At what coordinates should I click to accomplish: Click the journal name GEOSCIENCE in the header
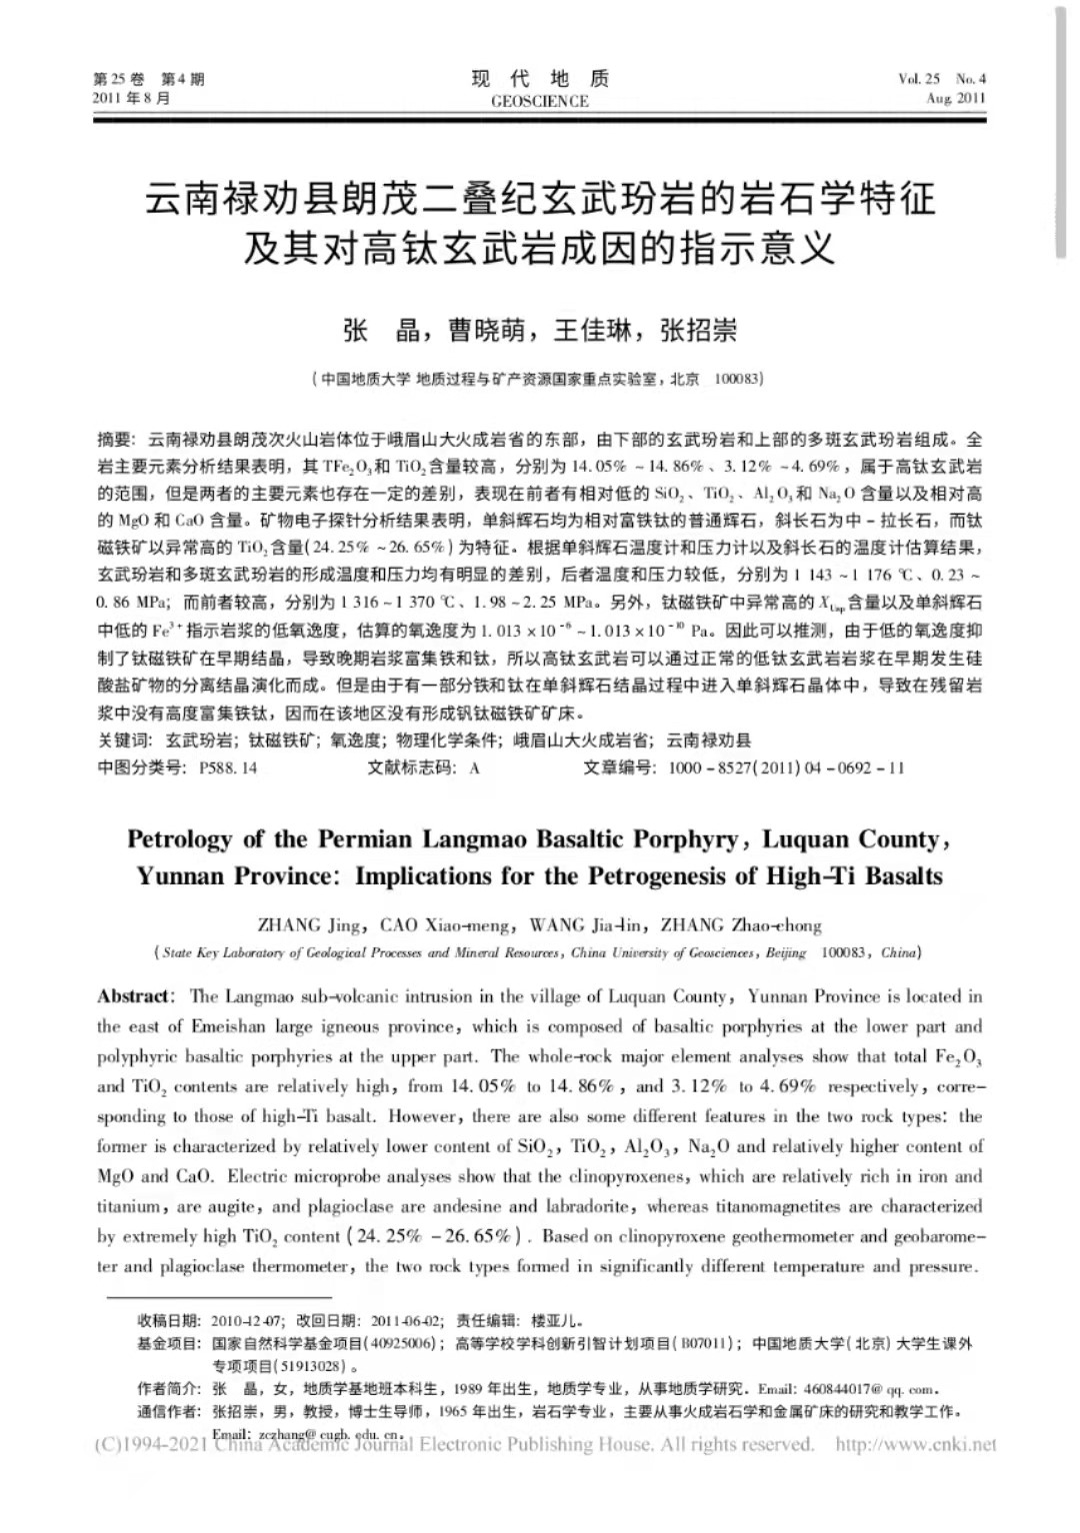[540, 101]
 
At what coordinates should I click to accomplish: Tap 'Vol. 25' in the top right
[919, 79]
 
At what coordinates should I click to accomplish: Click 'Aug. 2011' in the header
[955, 98]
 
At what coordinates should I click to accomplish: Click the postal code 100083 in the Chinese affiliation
[739, 379]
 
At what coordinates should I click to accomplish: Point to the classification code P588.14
[228, 767]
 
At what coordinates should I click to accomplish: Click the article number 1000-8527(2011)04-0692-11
[785, 767]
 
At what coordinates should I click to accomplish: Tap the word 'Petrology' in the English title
[179, 839]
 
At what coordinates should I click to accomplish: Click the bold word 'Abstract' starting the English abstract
[133, 996]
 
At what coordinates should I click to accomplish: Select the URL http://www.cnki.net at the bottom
[915, 1444]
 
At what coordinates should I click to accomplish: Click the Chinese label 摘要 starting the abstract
[114, 439]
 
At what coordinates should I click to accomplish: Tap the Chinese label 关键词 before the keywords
[123, 741]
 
